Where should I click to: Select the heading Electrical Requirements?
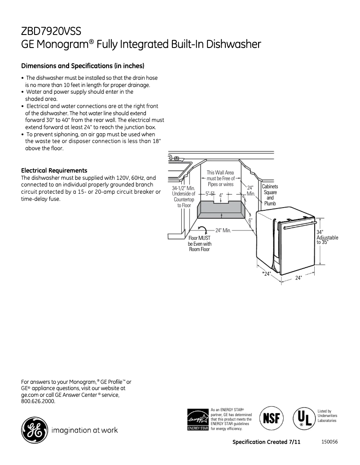point(54,170)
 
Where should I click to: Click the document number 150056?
point(329,442)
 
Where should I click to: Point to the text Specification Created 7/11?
point(266,442)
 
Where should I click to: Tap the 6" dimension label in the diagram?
point(250,220)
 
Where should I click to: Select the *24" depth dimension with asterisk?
point(267,274)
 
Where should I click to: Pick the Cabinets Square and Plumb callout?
point(270,195)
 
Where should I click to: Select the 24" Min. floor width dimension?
point(223,230)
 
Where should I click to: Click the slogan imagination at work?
point(85,430)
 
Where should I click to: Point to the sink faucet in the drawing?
point(176,158)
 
